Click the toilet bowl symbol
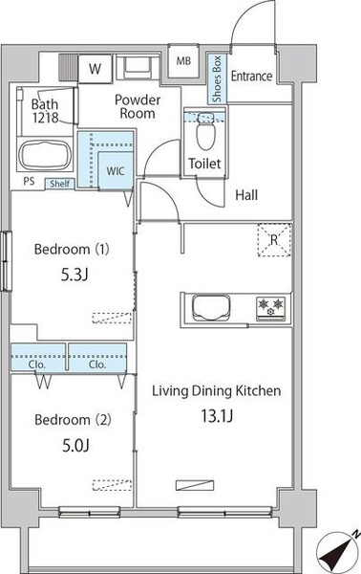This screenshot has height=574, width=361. [205, 133]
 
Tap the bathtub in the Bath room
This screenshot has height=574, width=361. [45, 155]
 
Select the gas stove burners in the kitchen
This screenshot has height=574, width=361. [271, 308]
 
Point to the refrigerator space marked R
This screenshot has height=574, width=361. [274, 240]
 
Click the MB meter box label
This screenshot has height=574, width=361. [183, 61]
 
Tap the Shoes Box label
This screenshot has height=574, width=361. [217, 78]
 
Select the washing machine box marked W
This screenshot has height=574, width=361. [95, 69]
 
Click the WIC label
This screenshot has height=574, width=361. [116, 171]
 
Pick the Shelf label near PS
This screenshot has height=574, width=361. [59, 184]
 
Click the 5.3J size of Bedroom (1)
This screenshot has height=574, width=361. [74, 275]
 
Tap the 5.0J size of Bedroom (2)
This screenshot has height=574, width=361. [76, 445]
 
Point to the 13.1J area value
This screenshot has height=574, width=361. [217, 416]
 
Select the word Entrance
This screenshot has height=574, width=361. [252, 77]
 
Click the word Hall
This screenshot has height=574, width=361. [246, 195]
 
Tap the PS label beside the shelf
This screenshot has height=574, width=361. [30, 181]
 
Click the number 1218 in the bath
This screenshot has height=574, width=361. [46, 118]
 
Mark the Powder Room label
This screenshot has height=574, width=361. [138, 106]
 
